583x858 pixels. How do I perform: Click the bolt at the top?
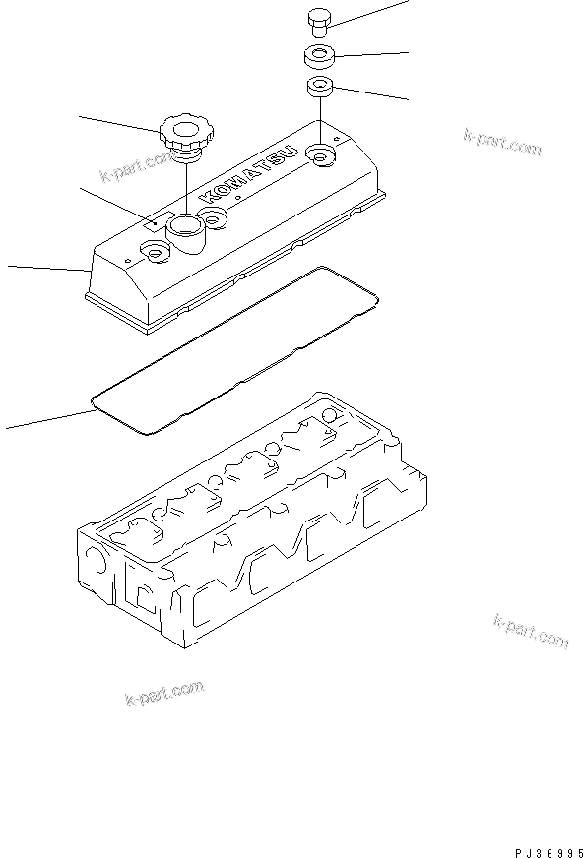pyautogui.click(x=319, y=21)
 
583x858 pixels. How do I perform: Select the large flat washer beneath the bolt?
pyautogui.click(x=319, y=54)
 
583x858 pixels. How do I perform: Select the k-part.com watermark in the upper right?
pyautogui.click(x=502, y=143)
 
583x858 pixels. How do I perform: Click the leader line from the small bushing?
pyautogui.click(x=369, y=93)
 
